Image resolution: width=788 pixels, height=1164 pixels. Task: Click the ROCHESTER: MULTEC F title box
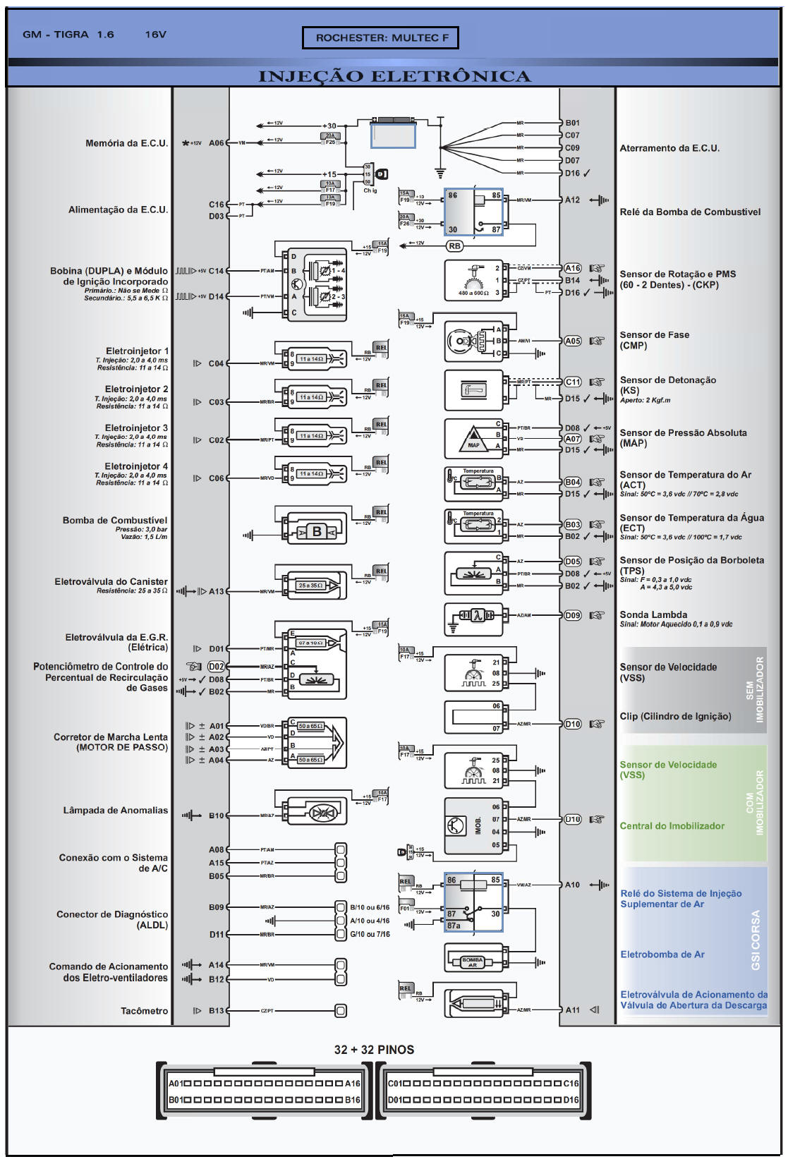click(x=381, y=38)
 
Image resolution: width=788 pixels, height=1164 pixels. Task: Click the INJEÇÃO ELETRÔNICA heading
click(x=394, y=76)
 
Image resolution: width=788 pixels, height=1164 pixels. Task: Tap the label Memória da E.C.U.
click(x=127, y=143)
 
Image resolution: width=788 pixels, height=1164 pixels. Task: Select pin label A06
click(x=216, y=143)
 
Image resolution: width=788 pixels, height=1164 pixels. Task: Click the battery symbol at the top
click(x=393, y=133)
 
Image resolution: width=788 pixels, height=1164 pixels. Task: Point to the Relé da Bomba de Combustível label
click(x=690, y=212)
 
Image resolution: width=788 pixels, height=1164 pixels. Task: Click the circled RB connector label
click(x=455, y=246)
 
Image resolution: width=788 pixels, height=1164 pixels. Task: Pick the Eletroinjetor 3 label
click(x=136, y=428)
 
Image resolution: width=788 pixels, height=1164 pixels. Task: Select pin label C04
click(x=216, y=364)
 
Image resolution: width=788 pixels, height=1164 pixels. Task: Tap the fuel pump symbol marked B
click(x=317, y=532)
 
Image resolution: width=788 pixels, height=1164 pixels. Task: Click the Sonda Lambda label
click(x=653, y=615)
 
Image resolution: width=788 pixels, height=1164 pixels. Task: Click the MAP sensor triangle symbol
click(x=473, y=440)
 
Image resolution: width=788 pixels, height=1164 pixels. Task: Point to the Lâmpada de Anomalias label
click(x=116, y=811)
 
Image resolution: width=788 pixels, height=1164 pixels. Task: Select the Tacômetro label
click(x=144, y=1011)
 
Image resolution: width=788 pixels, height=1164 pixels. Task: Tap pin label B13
click(x=217, y=1011)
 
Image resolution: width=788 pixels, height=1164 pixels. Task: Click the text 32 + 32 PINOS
click(x=374, y=1050)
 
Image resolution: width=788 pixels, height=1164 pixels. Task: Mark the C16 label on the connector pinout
click(x=571, y=1084)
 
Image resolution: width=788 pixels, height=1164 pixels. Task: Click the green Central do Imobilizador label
click(x=672, y=826)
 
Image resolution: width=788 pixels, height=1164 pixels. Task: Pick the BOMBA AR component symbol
click(x=472, y=961)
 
